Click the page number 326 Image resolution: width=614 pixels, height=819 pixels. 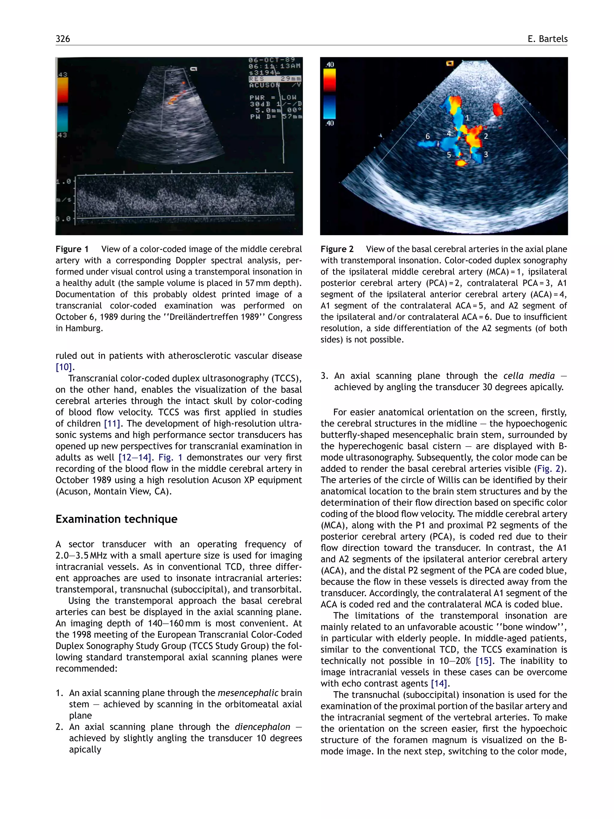pos(63,39)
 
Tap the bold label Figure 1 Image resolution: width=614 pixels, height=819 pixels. pos(72,249)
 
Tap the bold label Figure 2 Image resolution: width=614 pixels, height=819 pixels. pos(337,249)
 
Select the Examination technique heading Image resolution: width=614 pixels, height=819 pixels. pos(116,519)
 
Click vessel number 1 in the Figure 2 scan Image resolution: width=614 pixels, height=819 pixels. pos(467,118)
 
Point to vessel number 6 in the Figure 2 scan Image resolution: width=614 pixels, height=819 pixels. pos(428,136)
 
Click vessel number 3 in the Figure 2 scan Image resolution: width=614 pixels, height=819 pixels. pos(486,154)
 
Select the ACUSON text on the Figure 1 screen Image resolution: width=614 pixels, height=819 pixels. pos(265,85)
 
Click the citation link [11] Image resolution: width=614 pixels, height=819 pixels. pos(112,423)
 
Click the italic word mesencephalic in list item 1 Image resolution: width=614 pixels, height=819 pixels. pos(248,693)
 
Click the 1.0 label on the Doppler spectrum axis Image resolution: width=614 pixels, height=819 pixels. pos(63,182)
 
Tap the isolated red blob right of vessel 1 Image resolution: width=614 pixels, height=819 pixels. pos(497,109)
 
